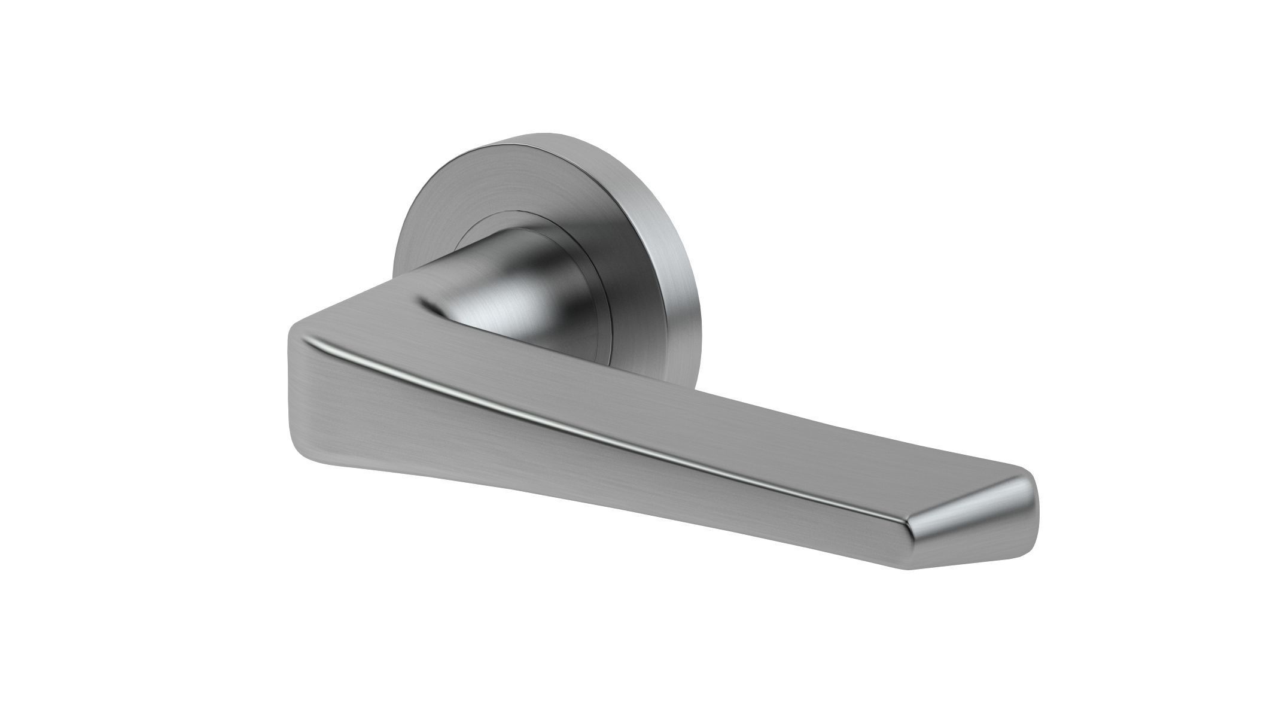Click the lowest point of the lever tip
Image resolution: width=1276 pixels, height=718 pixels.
(909, 568)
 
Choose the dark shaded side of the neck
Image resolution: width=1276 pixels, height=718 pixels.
(568, 287)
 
